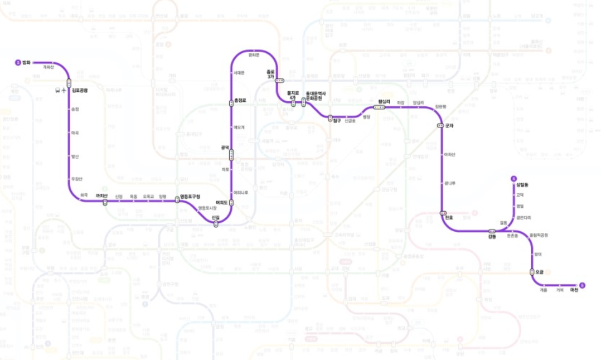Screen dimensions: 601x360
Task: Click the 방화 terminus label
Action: (x=26, y=63)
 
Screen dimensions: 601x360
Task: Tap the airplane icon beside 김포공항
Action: (x=64, y=90)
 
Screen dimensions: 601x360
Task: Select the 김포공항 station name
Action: (x=80, y=90)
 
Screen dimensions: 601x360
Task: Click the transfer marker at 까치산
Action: (x=105, y=202)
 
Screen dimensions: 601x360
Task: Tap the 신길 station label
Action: (x=216, y=217)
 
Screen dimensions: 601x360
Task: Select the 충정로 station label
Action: (x=241, y=101)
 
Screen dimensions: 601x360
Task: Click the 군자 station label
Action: (x=448, y=126)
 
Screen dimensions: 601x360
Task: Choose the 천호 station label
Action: (x=449, y=217)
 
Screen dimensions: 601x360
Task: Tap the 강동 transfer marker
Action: (x=491, y=231)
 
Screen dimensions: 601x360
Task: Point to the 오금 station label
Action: (x=540, y=272)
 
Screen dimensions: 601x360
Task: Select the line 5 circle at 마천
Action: (x=582, y=284)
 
